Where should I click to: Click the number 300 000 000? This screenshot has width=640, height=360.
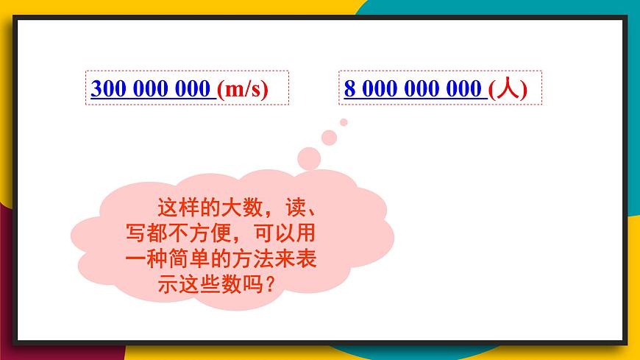click(x=151, y=89)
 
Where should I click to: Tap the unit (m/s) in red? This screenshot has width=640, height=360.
click(x=243, y=89)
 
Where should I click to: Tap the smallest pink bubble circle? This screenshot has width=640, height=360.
click(x=344, y=122)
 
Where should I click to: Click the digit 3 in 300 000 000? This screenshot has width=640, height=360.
click(x=96, y=89)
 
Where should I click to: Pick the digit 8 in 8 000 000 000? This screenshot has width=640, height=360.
click(x=349, y=89)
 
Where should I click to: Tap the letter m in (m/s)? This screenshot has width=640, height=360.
click(x=235, y=90)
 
